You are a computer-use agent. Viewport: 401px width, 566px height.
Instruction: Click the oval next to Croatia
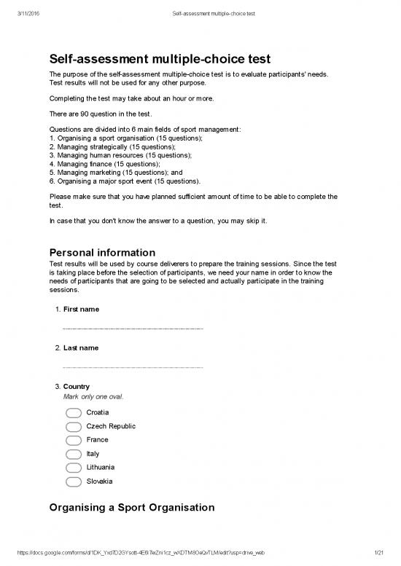74,413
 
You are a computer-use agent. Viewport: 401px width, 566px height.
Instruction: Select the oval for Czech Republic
74,427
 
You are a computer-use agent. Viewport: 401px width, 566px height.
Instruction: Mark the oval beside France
74,441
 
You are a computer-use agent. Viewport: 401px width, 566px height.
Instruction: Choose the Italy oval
74,455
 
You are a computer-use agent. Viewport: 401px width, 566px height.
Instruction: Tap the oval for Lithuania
74,468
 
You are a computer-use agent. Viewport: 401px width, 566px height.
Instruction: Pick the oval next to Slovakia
74,482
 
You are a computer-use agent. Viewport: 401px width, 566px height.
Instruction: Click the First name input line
133,329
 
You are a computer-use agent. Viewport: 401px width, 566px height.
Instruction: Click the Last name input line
133,366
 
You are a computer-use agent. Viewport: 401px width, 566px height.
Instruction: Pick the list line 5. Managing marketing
120,173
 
